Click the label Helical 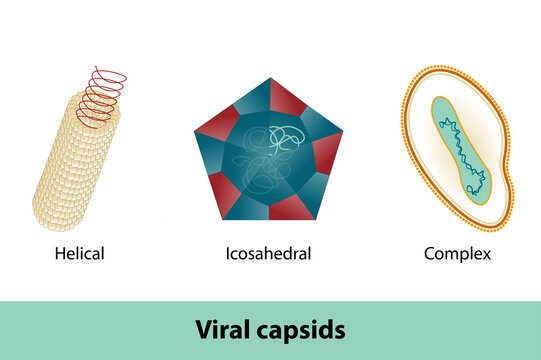tap(79, 254)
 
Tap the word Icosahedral tap(268, 254)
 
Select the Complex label tap(457, 254)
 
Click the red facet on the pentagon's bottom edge tap(291, 207)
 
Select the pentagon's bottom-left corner tap(222, 219)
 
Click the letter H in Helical tap(60, 254)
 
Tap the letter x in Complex tap(486, 254)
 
